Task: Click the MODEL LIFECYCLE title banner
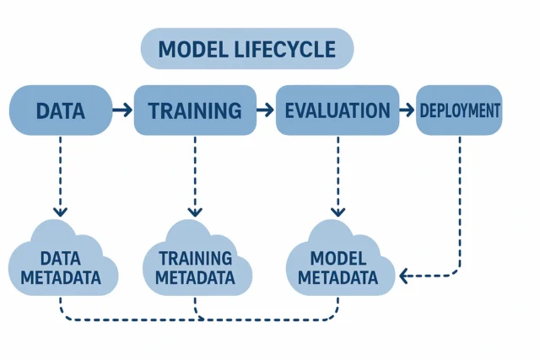point(246,48)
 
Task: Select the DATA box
point(60,110)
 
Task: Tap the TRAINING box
point(195,110)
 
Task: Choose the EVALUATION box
point(337,110)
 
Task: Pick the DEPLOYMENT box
point(460,110)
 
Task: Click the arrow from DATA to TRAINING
point(122,110)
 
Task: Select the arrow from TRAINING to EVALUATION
point(266,110)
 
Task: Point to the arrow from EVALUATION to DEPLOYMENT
point(406,110)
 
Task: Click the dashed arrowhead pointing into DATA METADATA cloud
point(59,212)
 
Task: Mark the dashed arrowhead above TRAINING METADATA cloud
point(195,212)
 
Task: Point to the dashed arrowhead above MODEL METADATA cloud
point(337,212)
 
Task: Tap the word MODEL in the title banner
point(190,48)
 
